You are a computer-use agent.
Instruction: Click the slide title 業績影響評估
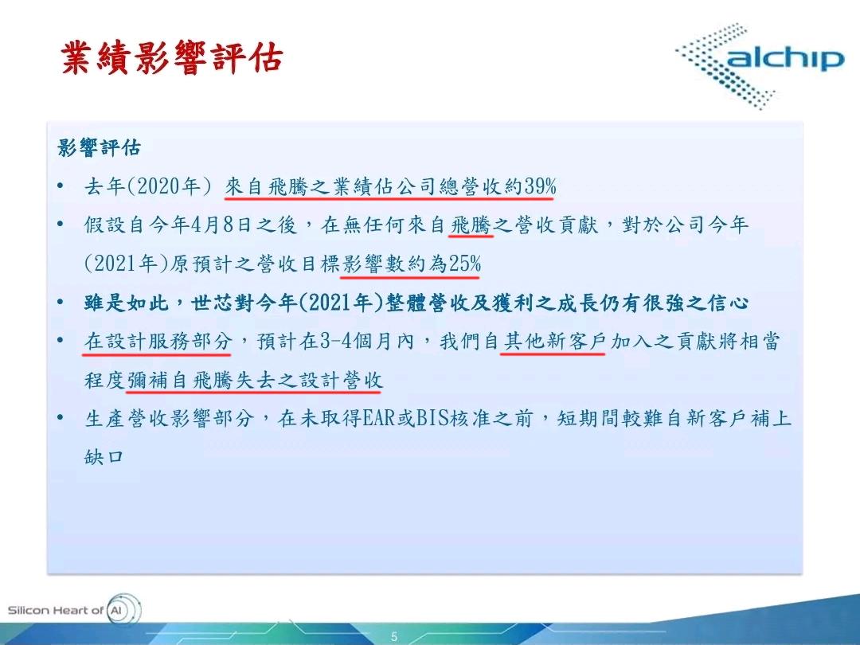(171, 60)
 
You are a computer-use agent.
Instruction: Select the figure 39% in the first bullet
(540, 187)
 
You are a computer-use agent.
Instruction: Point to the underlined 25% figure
(464, 264)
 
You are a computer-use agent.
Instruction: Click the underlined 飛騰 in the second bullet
(471, 226)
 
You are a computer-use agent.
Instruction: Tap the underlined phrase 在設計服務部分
(158, 342)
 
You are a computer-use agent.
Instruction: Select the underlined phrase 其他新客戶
(553, 342)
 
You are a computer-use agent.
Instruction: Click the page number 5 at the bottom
(393, 636)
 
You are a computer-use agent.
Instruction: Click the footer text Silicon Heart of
(55, 611)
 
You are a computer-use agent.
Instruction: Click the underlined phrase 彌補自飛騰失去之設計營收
(254, 381)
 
